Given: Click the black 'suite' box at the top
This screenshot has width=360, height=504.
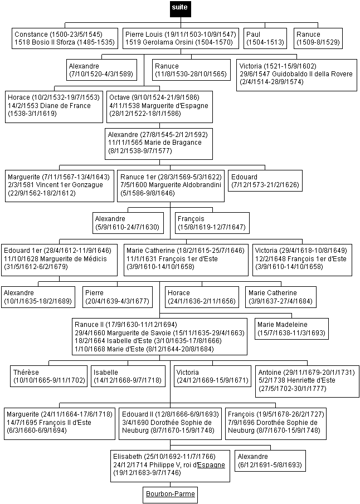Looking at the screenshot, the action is point(181,9).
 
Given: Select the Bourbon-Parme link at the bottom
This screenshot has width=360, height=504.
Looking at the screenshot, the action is point(170,494).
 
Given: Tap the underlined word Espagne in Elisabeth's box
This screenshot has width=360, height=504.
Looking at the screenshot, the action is point(211,465).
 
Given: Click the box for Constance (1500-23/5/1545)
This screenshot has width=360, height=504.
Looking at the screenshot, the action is point(65,38).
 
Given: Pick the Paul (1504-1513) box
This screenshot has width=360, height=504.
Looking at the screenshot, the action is point(265,38).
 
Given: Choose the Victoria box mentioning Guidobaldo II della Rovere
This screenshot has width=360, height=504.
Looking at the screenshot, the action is point(296,75).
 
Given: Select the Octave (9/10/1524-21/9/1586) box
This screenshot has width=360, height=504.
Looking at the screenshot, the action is point(159,107).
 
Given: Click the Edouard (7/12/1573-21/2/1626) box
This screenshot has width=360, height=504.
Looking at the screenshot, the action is point(265,181).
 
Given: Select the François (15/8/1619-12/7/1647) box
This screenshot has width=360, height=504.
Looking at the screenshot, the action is point(212,223).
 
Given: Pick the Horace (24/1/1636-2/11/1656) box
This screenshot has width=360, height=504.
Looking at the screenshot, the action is point(202,297).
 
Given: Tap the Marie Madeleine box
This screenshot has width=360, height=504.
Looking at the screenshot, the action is point(291,329).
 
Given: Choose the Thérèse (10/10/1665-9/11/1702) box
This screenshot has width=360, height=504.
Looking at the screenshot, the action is point(48,376).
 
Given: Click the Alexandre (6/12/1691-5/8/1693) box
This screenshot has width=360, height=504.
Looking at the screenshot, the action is point(270,461).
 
